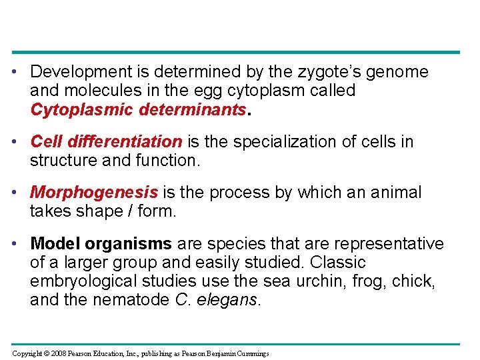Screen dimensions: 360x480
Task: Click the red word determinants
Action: click(192, 109)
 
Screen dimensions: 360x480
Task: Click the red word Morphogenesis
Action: click(94, 193)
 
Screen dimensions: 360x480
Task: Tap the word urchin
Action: click(323, 281)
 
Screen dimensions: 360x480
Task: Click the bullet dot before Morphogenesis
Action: click(21, 193)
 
